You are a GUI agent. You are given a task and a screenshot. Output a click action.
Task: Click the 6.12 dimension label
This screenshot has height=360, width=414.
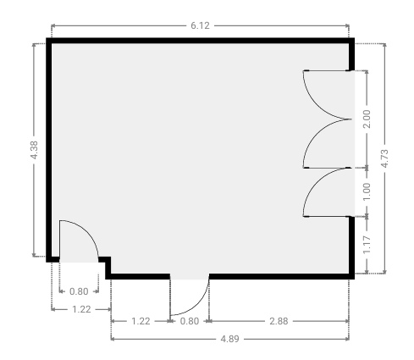(x=200, y=25)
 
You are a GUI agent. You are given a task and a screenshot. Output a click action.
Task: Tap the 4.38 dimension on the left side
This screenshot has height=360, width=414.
(x=34, y=150)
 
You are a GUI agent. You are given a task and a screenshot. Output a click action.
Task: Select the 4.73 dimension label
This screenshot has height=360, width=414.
(x=384, y=158)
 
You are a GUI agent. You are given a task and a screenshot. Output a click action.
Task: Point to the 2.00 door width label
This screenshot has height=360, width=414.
(x=367, y=119)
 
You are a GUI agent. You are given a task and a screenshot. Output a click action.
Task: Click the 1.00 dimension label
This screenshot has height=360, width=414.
(x=367, y=192)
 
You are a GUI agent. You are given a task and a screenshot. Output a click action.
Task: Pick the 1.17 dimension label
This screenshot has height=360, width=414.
(x=367, y=245)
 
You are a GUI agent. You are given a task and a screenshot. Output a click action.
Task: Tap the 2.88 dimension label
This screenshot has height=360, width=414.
(x=279, y=321)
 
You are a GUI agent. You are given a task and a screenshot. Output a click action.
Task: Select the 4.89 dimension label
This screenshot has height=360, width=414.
(x=229, y=339)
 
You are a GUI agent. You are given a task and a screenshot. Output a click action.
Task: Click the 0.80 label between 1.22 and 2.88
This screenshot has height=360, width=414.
(x=190, y=321)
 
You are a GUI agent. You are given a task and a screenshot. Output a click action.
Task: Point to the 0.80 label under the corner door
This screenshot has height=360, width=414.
(x=79, y=291)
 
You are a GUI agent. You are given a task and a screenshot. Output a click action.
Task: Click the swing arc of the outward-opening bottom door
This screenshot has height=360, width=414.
(x=199, y=306)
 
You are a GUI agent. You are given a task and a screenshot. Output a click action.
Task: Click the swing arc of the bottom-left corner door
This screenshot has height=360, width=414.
(x=88, y=231)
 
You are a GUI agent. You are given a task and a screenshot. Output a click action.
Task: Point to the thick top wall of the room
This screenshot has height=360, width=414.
(x=200, y=41)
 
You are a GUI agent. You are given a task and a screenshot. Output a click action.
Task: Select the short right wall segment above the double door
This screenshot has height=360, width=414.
(x=351, y=54)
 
